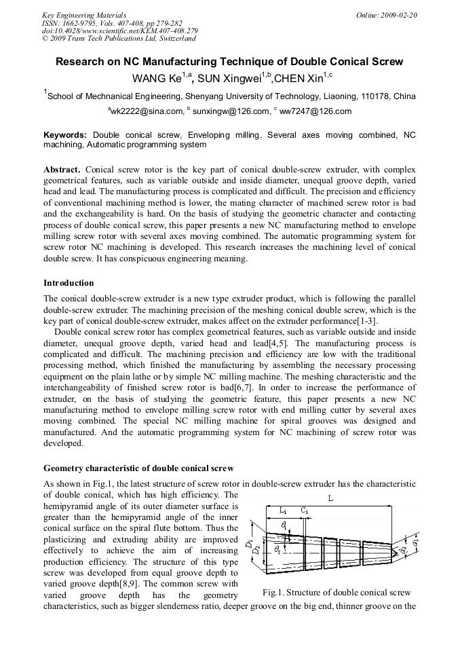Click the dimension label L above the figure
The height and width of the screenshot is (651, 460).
pyautogui.click(x=330, y=498)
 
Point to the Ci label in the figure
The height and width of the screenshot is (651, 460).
pyautogui.click(x=305, y=509)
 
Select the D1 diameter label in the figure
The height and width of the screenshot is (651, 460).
pyautogui.click(x=250, y=543)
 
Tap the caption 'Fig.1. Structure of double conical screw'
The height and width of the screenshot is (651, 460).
pyautogui.click(x=336, y=593)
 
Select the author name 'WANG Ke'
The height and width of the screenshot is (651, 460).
pyautogui.click(x=155, y=77)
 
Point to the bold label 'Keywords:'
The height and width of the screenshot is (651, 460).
pyautogui.click(x=66, y=135)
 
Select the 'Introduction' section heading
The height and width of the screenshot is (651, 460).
pyautogui.click(x=69, y=282)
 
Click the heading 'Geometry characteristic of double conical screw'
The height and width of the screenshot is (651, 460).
pyautogui.click(x=138, y=468)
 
